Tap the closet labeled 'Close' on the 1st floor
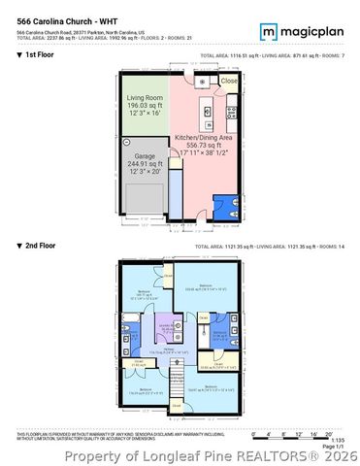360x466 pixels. tap(228, 82)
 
